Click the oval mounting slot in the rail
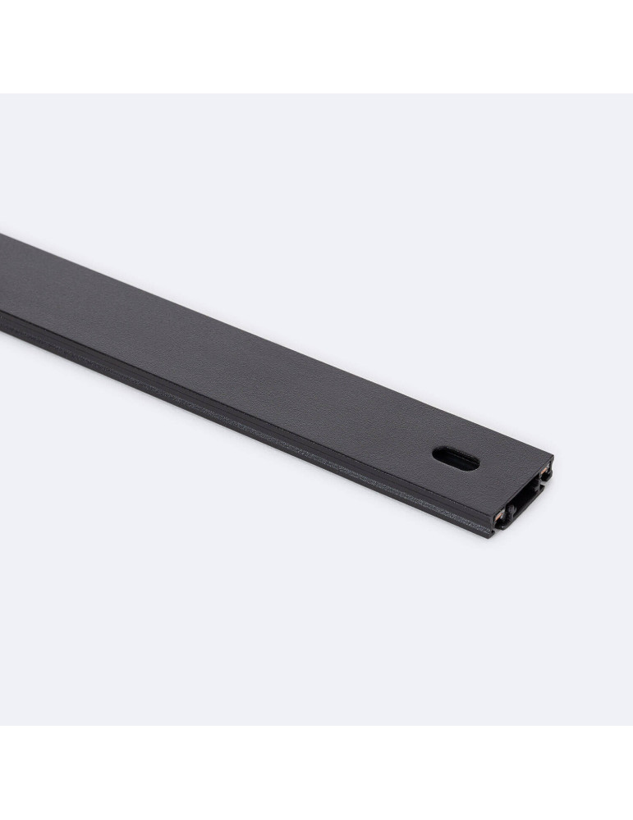[456, 459]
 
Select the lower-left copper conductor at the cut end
[499, 514]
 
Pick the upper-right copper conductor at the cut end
[545, 473]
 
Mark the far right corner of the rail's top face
[553, 457]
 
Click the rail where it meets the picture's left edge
[2, 279]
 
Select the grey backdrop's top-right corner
[631, 95]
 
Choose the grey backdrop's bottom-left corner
[2, 723]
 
